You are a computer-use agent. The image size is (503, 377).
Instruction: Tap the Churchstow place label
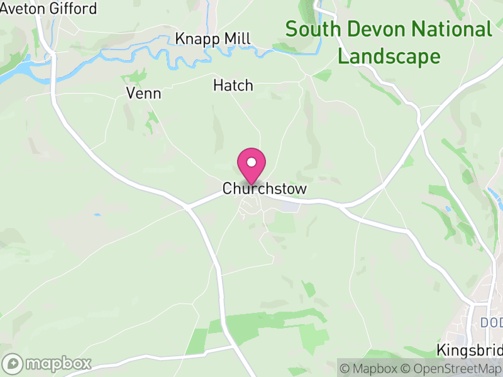[264, 189]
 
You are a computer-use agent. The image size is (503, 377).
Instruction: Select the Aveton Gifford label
[48, 9]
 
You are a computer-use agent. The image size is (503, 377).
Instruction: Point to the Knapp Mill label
[213, 38]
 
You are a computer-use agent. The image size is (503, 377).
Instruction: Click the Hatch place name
[233, 85]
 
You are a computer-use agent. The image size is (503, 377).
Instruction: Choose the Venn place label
[143, 94]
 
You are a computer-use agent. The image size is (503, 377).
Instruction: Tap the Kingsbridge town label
[470, 350]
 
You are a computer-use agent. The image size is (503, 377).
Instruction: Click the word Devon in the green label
[372, 29]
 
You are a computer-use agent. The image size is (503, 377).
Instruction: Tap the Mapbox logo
[47, 363]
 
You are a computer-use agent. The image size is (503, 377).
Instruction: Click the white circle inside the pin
[251, 162]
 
